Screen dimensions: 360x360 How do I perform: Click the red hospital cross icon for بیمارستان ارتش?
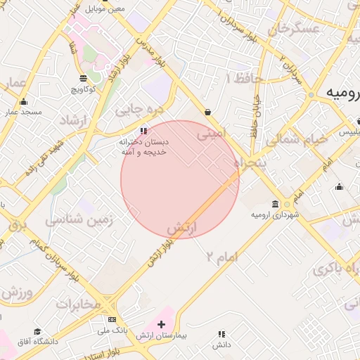coord(162,325)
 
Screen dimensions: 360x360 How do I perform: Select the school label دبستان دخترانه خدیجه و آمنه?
coord(143,147)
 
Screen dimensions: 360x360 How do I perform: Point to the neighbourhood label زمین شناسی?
coord(79,219)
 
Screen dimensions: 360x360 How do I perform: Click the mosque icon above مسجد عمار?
coord(23,102)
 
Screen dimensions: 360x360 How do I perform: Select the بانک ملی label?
coord(112,330)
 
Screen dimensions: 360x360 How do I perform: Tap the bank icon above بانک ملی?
coord(112,320)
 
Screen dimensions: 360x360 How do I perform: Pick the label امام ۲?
coord(222,256)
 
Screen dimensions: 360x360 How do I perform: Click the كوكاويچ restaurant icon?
coord(84,78)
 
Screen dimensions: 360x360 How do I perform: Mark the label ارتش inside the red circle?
coord(182,228)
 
